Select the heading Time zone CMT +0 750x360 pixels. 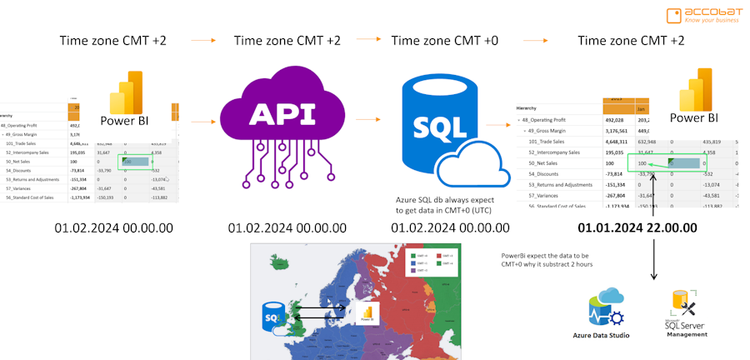pyautogui.click(x=446, y=40)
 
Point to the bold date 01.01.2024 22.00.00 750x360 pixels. pyautogui.click(x=637, y=227)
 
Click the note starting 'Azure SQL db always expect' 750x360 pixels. pyautogui.click(x=445, y=205)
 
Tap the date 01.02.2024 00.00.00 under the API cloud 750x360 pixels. pyautogui.click(x=287, y=227)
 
